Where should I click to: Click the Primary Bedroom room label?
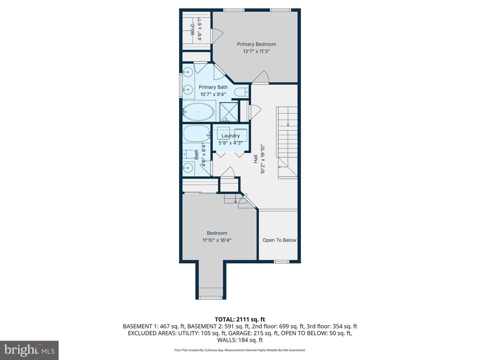256,44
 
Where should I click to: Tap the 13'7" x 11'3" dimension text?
256,51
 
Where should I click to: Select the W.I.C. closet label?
192,29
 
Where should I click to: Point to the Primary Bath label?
213,87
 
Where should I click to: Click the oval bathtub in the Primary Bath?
198,112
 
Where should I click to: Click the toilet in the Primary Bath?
241,92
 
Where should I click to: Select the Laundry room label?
230,136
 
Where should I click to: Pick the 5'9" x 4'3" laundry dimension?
230,143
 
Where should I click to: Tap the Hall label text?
255,159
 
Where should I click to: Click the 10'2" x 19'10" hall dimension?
262,159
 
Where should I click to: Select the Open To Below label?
279,240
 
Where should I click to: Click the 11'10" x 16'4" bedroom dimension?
217,240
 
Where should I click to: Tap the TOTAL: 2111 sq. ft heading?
240,320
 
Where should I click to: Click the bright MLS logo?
29,350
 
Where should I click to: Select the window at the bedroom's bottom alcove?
211,297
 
